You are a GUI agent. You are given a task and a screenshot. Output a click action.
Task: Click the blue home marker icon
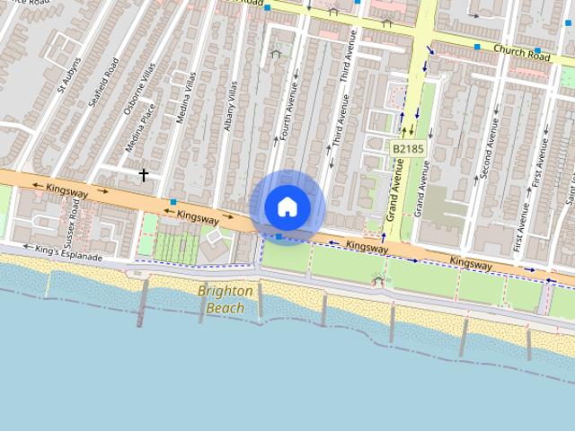pos(287,207)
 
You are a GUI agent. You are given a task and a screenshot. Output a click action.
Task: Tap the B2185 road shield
pos(407,147)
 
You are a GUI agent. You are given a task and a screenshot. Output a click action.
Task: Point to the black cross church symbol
pos(143,174)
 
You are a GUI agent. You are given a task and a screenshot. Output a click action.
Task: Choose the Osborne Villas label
pos(140,88)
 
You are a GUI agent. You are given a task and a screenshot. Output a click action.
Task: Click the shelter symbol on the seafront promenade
pos(377,280)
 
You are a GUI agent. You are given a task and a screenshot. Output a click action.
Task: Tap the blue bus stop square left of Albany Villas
pos(172,201)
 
